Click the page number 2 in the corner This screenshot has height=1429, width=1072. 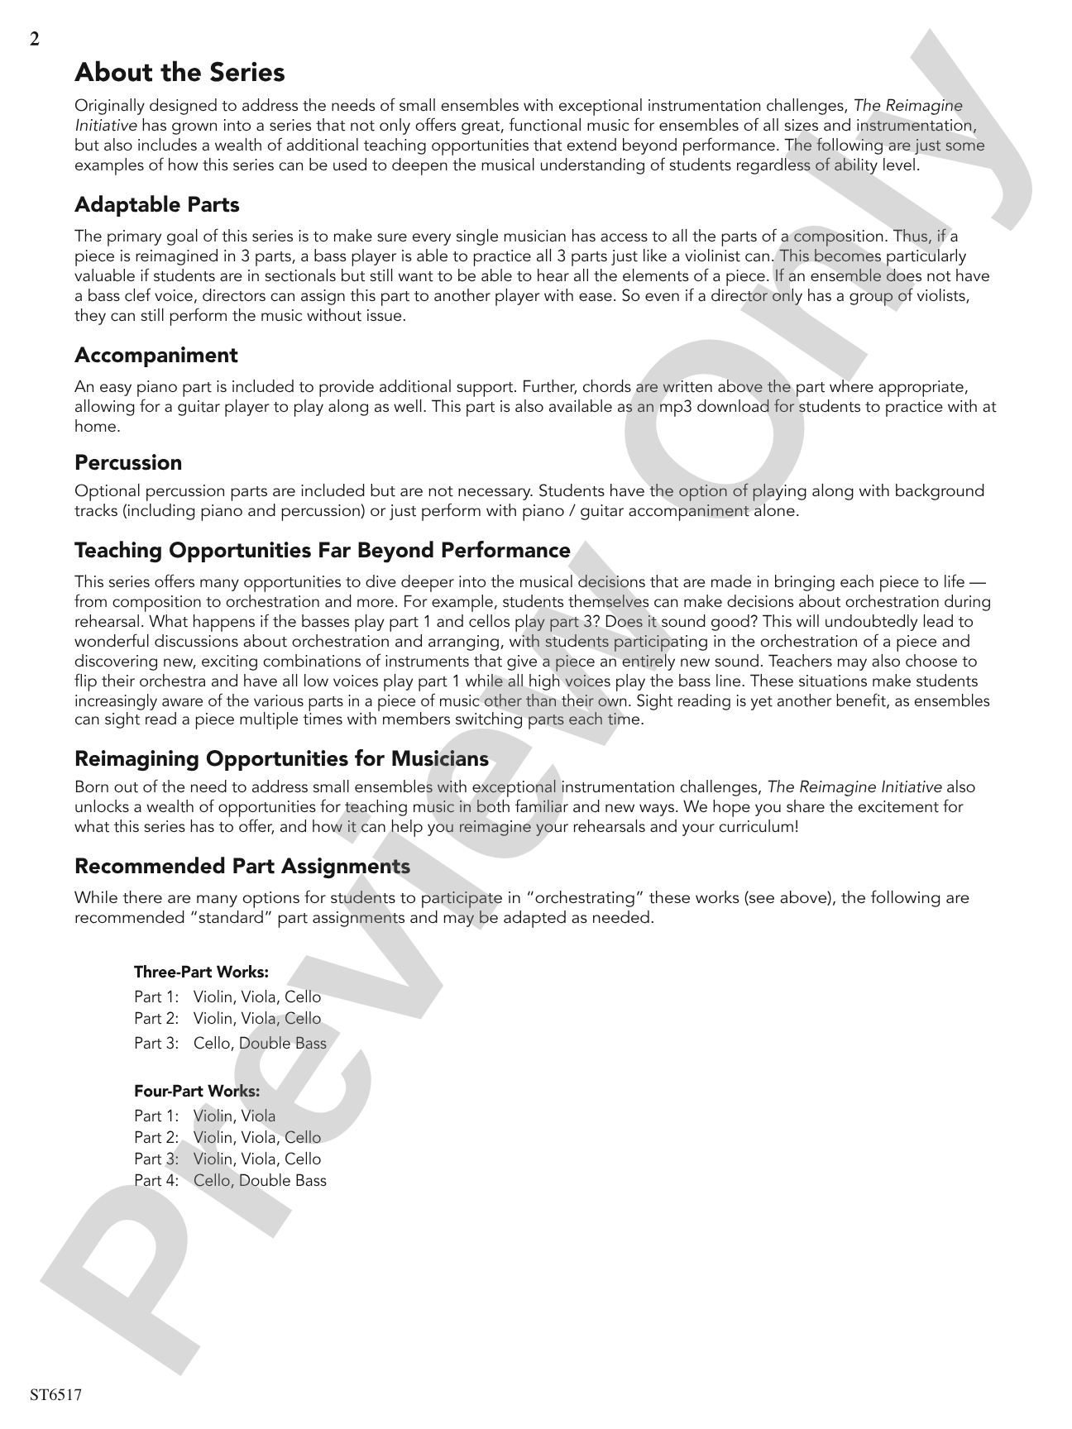(x=34, y=40)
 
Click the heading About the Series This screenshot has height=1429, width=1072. (x=179, y=73)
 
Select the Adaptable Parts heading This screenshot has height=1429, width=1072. (x=157, y=204)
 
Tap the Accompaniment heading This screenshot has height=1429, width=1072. (x=156, y=355)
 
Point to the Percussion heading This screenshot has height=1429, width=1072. (x=128, y=462)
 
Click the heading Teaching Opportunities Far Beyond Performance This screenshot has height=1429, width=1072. (x=323, y=550)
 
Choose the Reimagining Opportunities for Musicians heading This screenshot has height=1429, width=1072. (x=281, y=758)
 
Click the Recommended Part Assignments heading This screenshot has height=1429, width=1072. (x=242, y=866)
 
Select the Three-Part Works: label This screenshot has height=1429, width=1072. (x=201, y=972)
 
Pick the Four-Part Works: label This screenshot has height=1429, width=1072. (x=197, y=1091)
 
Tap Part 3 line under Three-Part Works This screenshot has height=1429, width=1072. (x=230, y=1043)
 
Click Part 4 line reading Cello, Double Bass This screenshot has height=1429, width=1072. (x=230, y=1180)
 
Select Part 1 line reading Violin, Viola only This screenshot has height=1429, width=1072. (x=205, y=1116)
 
